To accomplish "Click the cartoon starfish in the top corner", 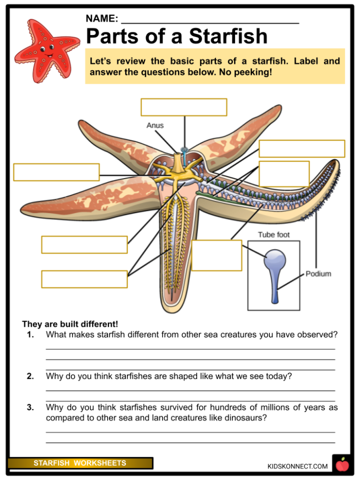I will tap(46, 50).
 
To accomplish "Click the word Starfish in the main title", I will tap(228, 37).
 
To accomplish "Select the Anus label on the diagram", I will tap(155, 125).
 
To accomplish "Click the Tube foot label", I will tap(274, 235).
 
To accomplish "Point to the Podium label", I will tap(318, 274).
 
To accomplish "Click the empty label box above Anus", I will tap(184, 107).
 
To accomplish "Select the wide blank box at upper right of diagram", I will tap(301, 148).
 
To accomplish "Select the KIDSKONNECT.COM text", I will tap(297, 466).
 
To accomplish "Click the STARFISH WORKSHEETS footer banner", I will tap(80, 463).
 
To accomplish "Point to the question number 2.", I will tap(30, 376).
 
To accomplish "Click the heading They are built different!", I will tap(70, 324).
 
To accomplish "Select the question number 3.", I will tap(30, 407).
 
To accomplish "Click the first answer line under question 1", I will tap(190, 348).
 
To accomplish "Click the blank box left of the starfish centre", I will tap(56, 172).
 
